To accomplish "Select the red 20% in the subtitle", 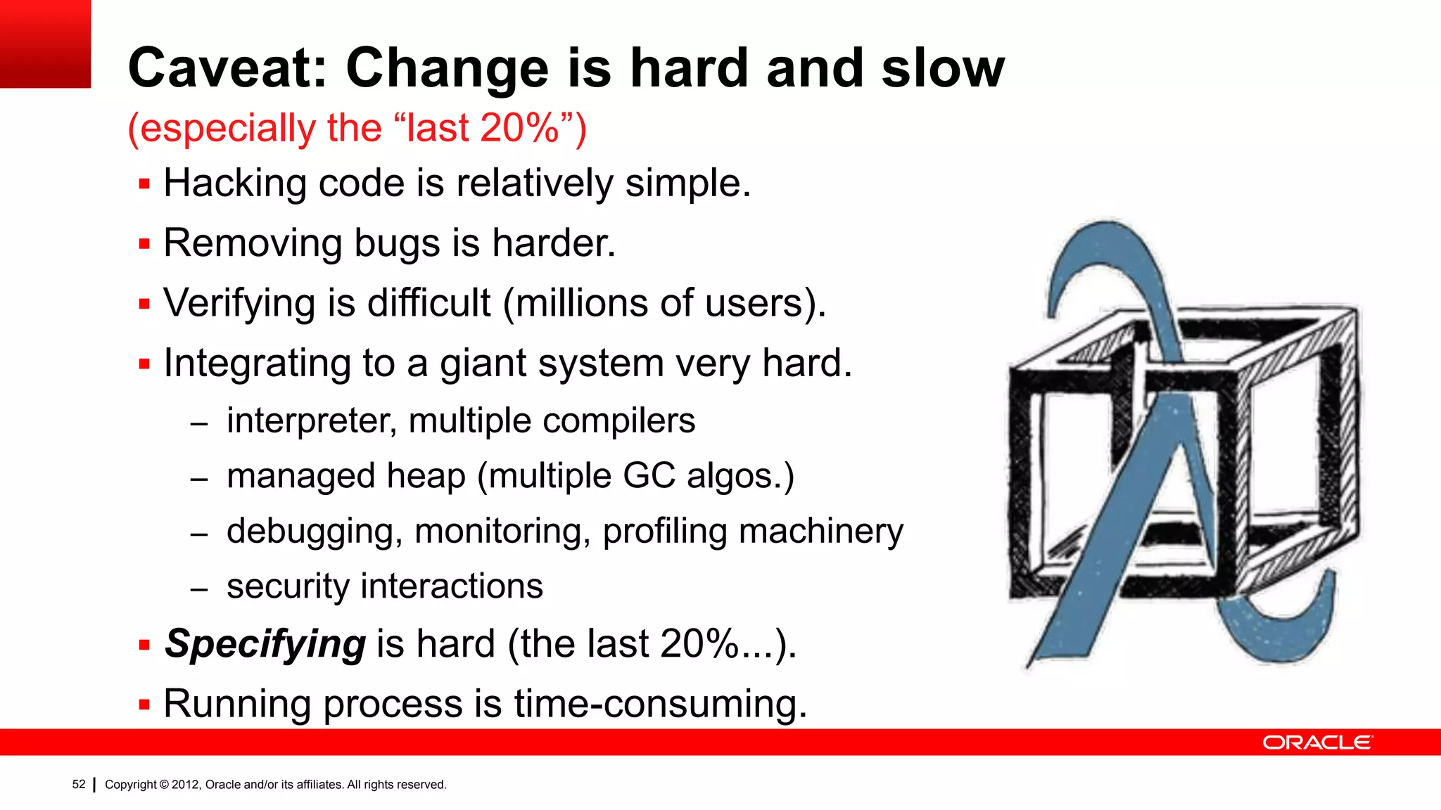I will point(519,129).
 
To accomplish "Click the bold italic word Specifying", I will point(265,644).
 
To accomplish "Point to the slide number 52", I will point(79,784).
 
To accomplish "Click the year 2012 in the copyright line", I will point(185,785).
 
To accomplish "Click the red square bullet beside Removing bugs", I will point(145,245).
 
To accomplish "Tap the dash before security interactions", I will point(199,589).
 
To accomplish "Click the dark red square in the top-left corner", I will point(45,44).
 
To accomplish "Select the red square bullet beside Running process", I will point(145,705).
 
